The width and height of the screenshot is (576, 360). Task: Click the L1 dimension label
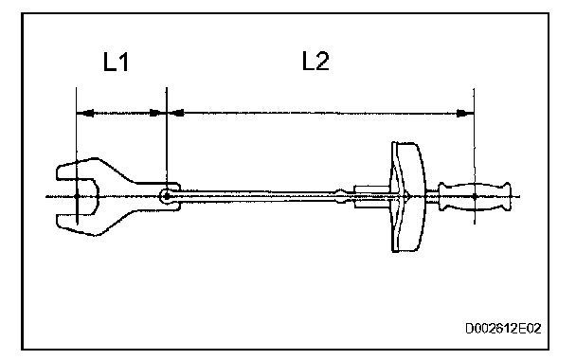117,62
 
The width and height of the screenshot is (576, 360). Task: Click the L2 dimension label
315,61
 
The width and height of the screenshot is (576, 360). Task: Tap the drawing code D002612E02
503,328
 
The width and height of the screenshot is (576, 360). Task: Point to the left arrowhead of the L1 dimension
85,113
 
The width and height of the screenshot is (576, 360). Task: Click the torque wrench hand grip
475,196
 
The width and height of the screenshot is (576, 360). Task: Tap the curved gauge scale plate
407,197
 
